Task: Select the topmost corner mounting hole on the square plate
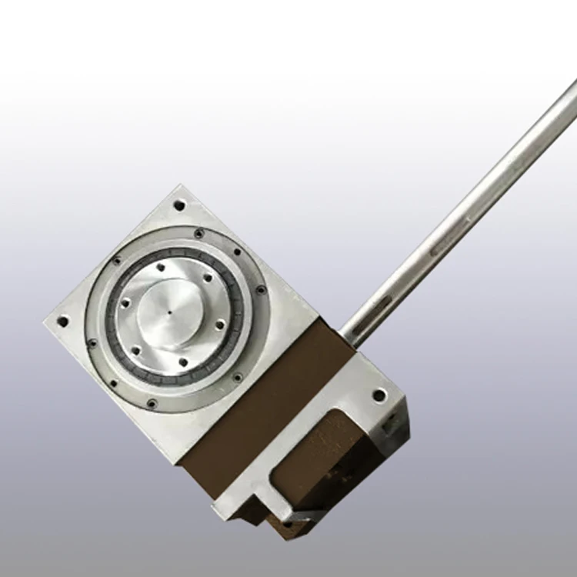click(x=179, y=205)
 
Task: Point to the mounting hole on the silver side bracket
click(x=379, y=395)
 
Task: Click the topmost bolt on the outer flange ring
click(x=199, y=233)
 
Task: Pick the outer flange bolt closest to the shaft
click(x=261, y=290)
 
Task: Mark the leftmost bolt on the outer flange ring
click(x=92, y=343)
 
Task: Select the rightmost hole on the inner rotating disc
click(x=219, y=325)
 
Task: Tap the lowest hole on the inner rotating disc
click(x=182, y=362)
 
